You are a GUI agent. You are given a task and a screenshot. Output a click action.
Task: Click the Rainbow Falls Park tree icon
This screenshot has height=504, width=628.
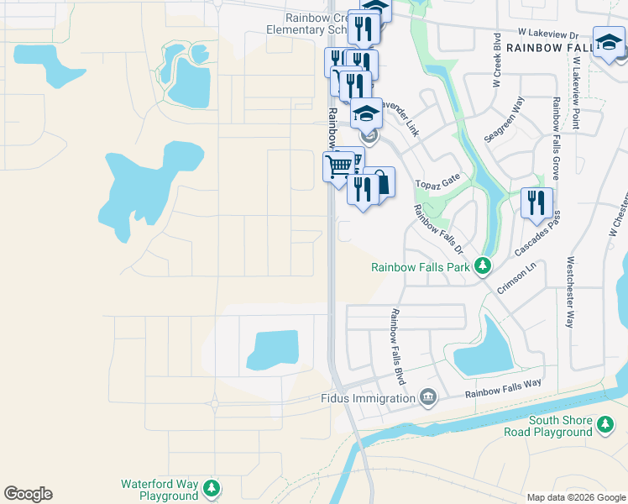coord(483,267)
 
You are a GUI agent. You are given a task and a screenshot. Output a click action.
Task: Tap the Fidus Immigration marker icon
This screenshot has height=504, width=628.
coord(428,396)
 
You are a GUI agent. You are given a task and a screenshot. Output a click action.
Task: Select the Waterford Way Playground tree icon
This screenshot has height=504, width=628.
coord(212,488)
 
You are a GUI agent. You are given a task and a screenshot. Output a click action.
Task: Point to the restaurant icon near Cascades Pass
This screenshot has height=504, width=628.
coord(536,202)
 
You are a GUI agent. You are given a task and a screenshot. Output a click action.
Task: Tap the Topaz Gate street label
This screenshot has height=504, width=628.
coord(438,181)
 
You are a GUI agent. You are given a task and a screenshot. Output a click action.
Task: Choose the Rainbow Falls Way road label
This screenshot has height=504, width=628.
coord(503,388)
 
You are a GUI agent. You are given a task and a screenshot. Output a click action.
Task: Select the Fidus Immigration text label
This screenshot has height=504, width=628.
coord(369,398)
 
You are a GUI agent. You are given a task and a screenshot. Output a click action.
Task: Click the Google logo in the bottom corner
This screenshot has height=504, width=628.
coord(28,494)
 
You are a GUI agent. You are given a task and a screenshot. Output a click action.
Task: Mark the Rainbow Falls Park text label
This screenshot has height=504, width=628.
coord(421,268)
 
